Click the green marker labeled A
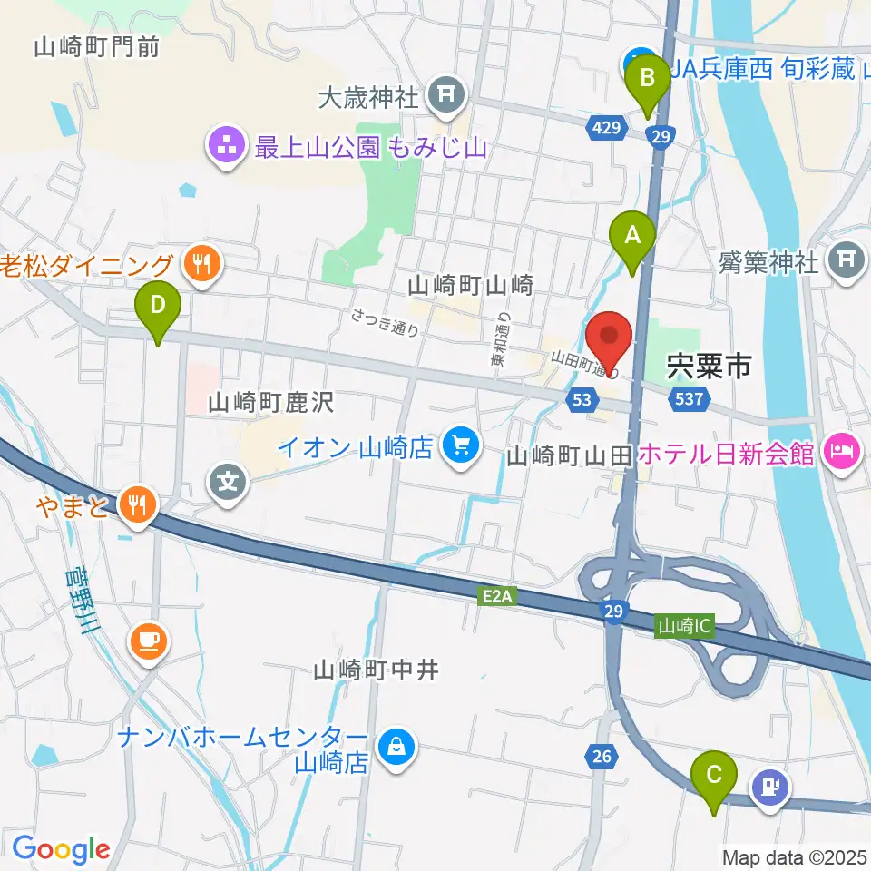pos(633,238)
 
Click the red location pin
pos(610,341)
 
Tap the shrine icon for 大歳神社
pos(445,93)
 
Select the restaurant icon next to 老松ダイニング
pos(197,265)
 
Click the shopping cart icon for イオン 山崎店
pos(461,446)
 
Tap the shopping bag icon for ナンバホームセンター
pos(396,747)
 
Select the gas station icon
pos(770,786)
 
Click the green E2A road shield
pos(496,596)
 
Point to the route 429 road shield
pos(608,129)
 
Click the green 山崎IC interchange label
pos(685,625)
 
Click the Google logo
pos(61,849)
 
